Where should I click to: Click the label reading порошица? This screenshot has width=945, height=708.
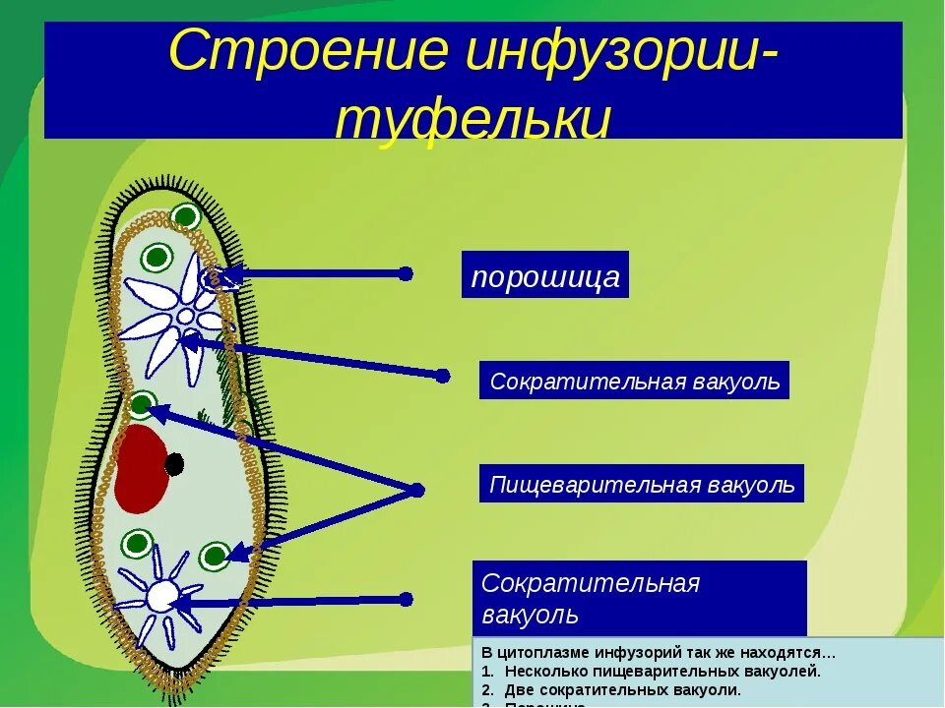point(545,276)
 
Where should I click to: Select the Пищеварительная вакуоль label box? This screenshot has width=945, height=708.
point(642,484)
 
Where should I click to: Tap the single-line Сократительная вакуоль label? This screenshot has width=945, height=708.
point(635,381)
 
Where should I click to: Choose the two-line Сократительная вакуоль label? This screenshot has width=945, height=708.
point(639,598)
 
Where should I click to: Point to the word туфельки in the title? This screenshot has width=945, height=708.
point(472,120)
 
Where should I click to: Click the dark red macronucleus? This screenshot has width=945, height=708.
point(140,468)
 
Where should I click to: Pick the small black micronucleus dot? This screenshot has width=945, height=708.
point(174,464)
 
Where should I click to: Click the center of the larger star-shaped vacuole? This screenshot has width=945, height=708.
point(184,317)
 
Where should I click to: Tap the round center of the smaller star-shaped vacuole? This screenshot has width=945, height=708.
point(162,596)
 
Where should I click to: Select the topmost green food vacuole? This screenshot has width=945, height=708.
point(184,216)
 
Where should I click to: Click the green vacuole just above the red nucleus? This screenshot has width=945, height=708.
point(143,403)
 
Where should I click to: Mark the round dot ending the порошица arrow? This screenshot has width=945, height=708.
point(406,274)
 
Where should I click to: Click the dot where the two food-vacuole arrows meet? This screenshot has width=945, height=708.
point(416,490)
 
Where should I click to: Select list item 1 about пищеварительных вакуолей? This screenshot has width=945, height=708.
point(660,671)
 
